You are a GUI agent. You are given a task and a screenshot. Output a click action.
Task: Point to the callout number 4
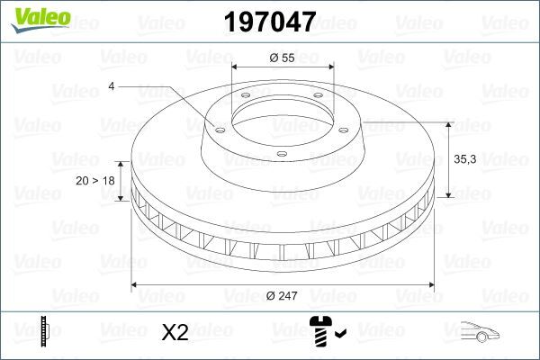tap(112, 86)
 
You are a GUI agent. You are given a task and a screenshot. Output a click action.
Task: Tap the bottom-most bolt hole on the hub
tap(281, 155)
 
